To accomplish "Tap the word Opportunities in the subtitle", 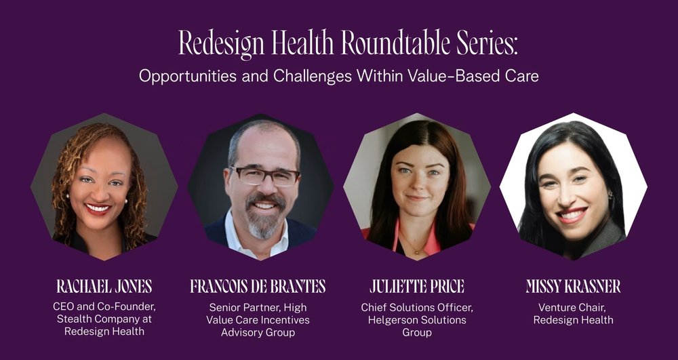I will (186, 76).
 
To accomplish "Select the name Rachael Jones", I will (104, 287).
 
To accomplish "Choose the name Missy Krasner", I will (573, 287).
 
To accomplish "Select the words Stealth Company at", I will (104, 319).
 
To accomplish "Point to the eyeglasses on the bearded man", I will (265, 175).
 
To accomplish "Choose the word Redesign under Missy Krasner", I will (555, 319).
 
